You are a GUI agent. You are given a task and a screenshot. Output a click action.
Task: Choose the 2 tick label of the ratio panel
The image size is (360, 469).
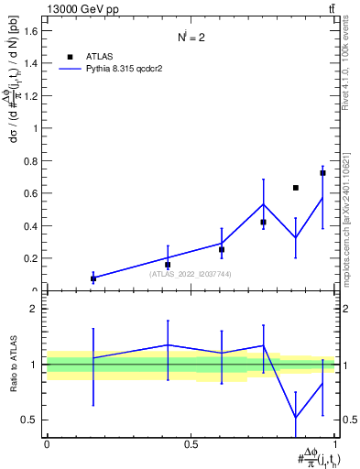click(x=34, y=309)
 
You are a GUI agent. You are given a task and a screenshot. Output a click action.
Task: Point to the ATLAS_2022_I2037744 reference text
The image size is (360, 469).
click(x=191, y=273)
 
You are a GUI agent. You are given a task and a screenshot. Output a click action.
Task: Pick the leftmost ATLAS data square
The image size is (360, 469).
click(x=93, y=278)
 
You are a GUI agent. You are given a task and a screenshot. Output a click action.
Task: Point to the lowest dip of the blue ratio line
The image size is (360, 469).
click(x=296, y=419)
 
